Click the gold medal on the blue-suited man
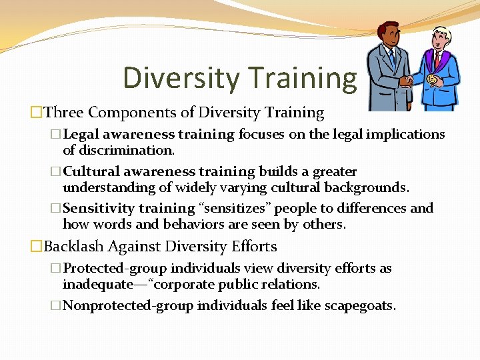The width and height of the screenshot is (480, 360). tap(431, 79)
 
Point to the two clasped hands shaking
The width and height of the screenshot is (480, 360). tap(407, 81)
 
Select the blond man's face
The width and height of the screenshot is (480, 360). tap(441, 41)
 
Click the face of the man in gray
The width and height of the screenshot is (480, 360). tap(388, 37)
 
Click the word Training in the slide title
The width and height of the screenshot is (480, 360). tap(303, 77)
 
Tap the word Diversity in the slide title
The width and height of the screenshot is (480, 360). tap(180, 77)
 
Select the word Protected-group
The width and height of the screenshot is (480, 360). tap(115, 268)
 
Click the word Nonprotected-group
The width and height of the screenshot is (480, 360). tap(125, 305)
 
